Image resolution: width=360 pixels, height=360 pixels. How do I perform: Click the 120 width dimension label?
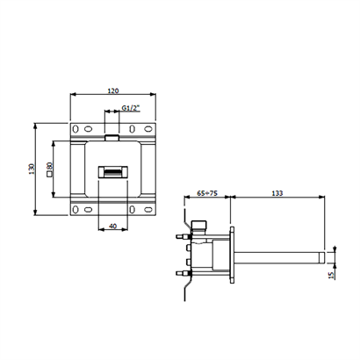[113, 90]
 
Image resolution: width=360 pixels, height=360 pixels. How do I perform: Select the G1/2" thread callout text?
[131, 108]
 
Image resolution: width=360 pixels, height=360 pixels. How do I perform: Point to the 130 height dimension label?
[32, 169]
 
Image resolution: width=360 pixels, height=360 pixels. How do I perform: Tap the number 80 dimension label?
[49, 166]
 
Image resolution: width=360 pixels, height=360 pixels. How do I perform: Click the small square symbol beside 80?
[49, 175]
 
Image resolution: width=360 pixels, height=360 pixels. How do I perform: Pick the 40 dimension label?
[112, 226]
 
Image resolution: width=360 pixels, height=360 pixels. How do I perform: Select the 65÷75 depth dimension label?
[207, 193]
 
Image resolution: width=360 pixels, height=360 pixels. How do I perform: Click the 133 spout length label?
[277, 193]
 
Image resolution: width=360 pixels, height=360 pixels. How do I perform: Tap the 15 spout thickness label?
[331, 275]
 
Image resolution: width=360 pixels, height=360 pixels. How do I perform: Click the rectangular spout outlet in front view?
[113, 172]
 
